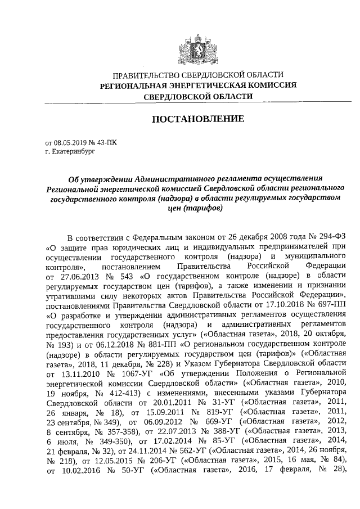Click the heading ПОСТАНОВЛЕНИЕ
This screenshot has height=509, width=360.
[x=196, y=119]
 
